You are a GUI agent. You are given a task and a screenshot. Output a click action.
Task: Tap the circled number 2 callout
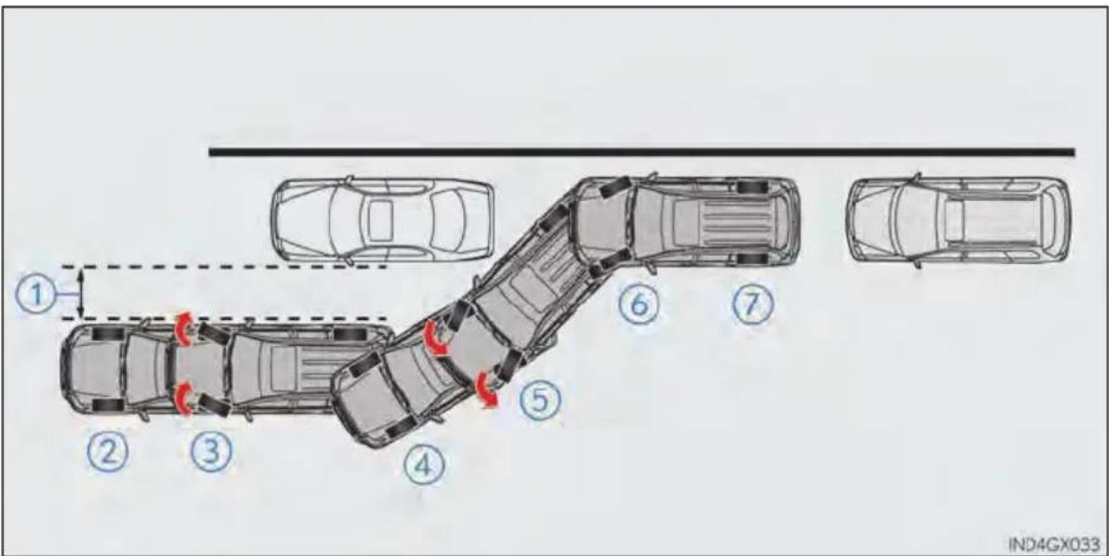point(108,451)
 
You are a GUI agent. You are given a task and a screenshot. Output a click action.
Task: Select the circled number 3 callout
point(211,451)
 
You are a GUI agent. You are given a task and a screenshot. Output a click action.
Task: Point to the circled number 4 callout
point(425,465)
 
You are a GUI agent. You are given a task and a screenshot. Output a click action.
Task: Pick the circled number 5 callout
point(541,400)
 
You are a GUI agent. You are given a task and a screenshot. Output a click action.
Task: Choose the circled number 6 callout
point(639,304)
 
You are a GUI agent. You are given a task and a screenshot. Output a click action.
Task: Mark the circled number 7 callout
point(752,304)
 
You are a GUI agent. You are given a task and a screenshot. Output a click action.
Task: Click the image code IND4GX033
point(1054,544)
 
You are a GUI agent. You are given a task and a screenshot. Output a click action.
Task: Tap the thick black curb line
point(641,152)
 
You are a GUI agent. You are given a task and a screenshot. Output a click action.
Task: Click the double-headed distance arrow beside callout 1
point(81,293)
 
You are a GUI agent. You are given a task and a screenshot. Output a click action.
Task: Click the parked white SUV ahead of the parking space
point(958,220)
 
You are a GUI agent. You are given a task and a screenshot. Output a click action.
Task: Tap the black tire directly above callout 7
point(752,258)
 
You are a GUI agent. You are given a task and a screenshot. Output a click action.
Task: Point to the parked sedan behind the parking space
point(383,220)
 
